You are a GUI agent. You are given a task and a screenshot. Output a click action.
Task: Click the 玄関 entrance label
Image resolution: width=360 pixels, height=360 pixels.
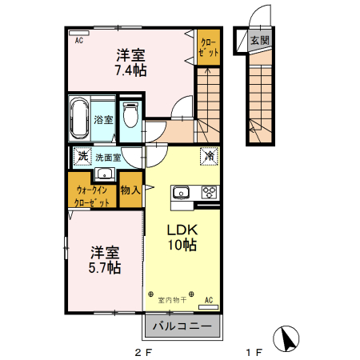(x=260, y=40)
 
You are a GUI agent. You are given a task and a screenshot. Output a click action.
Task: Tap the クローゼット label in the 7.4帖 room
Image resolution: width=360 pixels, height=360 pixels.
(x=207, y=46)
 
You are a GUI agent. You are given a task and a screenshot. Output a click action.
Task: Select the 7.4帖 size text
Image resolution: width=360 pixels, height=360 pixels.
(x=130, y=71)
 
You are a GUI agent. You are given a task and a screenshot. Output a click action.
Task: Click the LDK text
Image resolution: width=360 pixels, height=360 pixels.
(x=182, y=229)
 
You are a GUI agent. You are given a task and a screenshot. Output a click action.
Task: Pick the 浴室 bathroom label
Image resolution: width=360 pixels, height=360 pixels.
(x=103, y=120)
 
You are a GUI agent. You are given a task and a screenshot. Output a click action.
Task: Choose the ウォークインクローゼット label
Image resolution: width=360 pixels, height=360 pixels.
(x=92, y=197)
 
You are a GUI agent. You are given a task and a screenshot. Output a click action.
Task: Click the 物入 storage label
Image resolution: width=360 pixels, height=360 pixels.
(x=130, y=190)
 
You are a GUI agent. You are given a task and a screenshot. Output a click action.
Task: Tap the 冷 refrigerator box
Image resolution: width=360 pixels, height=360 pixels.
(x=208, y=158)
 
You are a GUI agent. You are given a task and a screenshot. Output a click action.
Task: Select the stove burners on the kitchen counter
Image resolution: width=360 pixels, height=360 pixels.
(x=210, y=192)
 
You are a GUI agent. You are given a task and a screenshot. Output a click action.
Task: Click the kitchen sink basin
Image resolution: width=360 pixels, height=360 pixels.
(x=179, y=192)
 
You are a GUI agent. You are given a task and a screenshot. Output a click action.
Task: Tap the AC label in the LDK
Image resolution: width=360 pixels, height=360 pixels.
(x=209, y=300)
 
